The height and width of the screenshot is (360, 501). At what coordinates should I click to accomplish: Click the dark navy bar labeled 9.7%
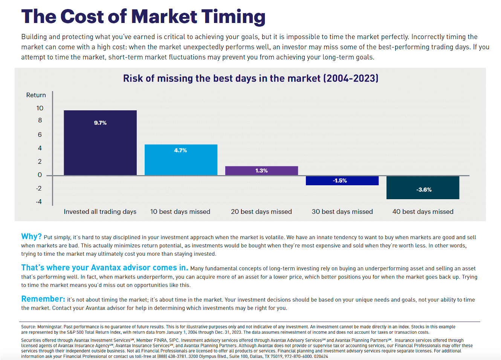(x=100, y=143)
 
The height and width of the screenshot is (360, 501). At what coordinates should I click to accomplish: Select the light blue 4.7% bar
(x=181, y=160)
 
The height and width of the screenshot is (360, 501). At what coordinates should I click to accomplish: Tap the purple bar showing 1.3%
(x=261, y=171)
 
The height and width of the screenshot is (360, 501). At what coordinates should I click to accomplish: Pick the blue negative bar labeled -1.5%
(x=342, y=181)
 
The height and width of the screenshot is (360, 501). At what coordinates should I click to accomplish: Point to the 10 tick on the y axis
(x=40, y=108)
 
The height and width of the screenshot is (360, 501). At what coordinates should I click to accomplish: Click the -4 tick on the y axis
(x=39, y=202)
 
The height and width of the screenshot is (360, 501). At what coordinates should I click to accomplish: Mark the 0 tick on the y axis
(x=40, y=175)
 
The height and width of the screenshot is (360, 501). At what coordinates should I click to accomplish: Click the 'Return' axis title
(x=36, y=95)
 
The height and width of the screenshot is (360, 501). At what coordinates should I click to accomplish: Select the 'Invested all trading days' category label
(x=100, y=212)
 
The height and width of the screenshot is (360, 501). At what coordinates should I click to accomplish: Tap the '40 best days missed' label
(x=423, y=212)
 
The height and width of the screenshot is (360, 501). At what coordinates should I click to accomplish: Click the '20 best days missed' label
(x=261, y=212)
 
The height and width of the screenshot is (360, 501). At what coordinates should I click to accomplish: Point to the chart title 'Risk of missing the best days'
(x=250, y=78)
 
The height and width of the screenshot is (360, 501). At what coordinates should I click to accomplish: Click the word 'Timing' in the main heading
(x=233, y=17)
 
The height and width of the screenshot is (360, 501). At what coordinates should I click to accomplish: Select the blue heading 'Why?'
(x=31, y=236)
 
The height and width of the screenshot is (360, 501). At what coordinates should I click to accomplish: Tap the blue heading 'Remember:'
(x=43, y=299)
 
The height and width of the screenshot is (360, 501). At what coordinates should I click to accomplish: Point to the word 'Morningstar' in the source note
(x=50, y=327)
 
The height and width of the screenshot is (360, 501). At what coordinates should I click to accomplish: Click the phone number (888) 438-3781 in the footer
(x=172, y=356)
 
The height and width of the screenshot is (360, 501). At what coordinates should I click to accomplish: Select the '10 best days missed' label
(x=180, y=212)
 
